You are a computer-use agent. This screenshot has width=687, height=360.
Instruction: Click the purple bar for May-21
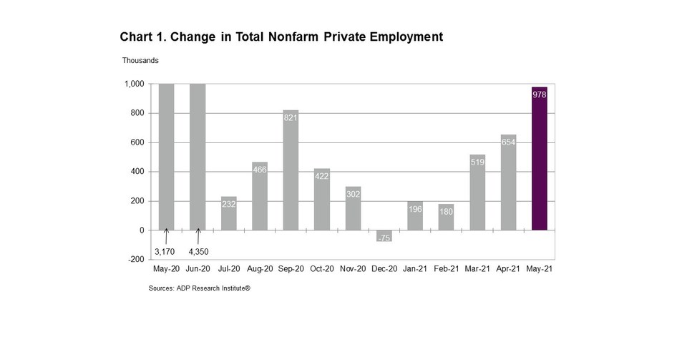540,159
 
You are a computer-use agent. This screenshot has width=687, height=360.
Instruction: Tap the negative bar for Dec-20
384,235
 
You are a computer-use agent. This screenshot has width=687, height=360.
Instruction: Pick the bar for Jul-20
229,213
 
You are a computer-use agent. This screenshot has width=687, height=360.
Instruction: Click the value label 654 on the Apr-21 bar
508,142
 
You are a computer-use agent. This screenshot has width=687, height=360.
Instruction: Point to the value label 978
540,94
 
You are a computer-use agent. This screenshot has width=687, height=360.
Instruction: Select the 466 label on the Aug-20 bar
260,170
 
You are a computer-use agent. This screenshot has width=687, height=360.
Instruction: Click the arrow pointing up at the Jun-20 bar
198,236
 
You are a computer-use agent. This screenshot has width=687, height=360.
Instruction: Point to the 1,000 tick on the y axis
135,84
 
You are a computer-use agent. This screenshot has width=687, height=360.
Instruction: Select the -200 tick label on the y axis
136,260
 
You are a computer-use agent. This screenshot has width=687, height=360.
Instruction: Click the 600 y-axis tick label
137,142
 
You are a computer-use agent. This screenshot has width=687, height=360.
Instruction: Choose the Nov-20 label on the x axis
353,270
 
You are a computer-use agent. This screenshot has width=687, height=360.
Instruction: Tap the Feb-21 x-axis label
446,270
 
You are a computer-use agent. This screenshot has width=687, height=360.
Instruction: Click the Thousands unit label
140,61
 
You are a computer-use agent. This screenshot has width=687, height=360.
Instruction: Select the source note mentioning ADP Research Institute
200,288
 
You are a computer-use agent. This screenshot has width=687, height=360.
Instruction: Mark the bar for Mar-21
477,192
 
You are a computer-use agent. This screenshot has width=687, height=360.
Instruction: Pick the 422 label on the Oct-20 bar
322,176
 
